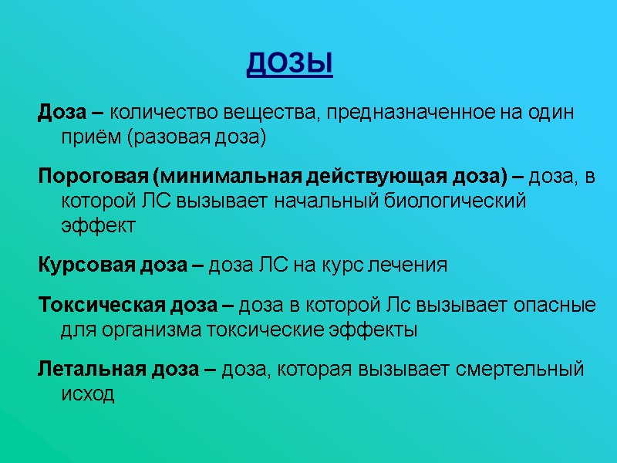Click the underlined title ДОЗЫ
click(290, 64)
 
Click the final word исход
click(87, 394)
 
